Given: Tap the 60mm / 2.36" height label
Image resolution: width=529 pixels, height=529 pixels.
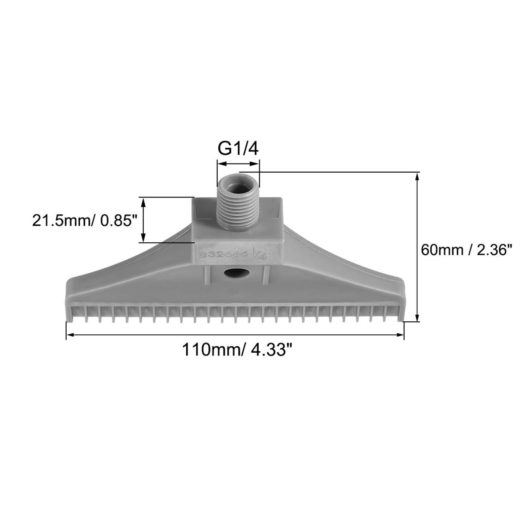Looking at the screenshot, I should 466,250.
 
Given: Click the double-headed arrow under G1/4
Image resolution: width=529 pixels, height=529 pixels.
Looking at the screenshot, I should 238,163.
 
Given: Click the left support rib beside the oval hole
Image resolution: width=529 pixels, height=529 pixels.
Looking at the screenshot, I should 207,273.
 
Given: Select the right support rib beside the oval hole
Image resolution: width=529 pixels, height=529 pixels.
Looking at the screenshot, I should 267,273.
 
